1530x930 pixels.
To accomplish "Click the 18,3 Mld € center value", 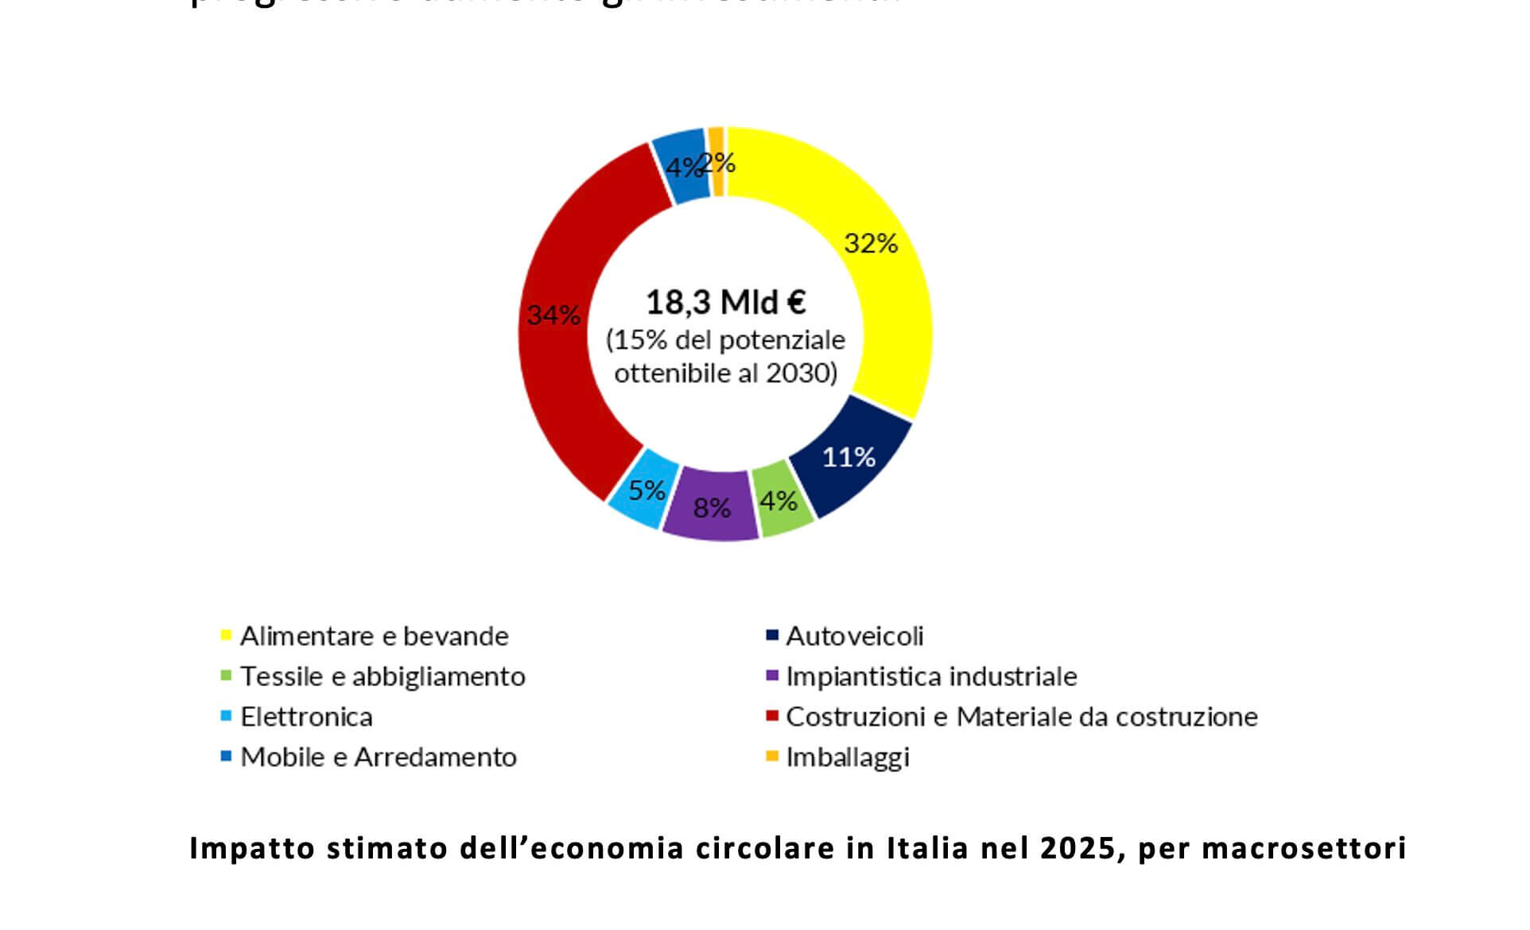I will pyautogui.click(x=725, y=303).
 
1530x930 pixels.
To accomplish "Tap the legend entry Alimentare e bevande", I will pyautogui.click(x=374, y=637).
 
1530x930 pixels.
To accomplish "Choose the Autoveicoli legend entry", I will pyautogui.click(x=854, y=637).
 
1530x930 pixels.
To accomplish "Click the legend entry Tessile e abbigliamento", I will pyautogui.click(x=382, y=677).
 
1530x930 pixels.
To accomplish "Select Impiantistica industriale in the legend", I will pyautogui.click(x=931, y=677).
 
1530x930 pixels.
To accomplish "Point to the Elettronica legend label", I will pyautogui.click(x=306, y=718).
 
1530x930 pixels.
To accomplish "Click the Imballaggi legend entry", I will pyautogui.click(x=847, y=758).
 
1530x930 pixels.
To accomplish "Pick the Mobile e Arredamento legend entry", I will pyautogui.click(x=379, y=758).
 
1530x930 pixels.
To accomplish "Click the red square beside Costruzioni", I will pyautogui.click(x=771, y=716).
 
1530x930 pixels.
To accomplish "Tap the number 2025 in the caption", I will pyautogui.click(x=1078, y=849).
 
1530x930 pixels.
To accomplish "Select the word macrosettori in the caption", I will pyautogui.click(x=1303, y=849).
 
